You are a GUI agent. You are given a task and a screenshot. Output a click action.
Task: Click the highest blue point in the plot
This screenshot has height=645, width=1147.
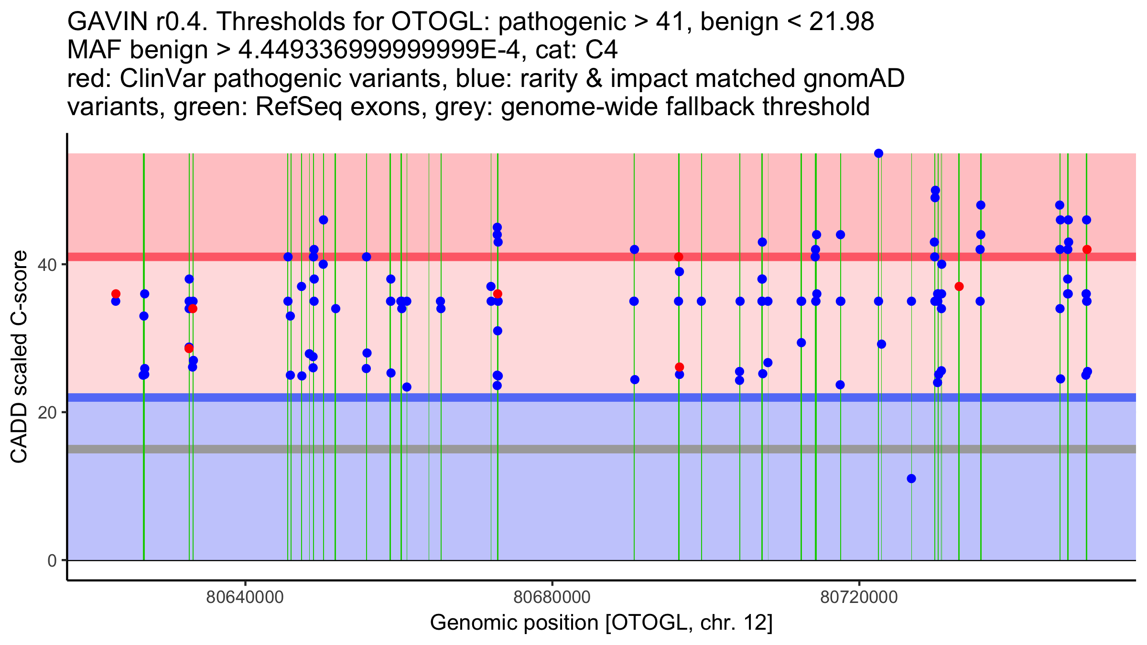(x=878, y=153)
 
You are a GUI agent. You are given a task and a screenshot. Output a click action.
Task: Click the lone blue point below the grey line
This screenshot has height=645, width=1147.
(x=911, y=479)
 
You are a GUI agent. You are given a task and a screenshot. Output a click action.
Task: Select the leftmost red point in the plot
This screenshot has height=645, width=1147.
(x=116, y=294)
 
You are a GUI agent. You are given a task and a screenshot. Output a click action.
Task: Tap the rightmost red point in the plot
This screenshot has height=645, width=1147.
(x=1087, y=249)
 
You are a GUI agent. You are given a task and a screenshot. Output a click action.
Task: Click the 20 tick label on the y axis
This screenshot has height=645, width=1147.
(x=47, y=412)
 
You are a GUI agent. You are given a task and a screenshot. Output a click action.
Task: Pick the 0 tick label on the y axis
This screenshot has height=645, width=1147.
(x=52, y=560)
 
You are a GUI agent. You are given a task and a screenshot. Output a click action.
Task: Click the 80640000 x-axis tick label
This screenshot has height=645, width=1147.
(x=245, y=598)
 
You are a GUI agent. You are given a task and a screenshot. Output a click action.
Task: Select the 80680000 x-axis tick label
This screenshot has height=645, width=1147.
(x=552, y=598)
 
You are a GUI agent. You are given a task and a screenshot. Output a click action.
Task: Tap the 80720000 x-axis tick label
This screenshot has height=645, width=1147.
(x=859, y=598)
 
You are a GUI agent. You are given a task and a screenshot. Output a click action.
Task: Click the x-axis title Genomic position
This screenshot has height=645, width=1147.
(x=601, y=623)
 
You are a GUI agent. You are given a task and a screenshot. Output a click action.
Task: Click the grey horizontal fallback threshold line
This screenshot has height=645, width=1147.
(x=573, y=449)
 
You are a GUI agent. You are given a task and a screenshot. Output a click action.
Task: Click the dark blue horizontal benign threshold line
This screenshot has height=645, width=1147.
(x=573, y=398)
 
